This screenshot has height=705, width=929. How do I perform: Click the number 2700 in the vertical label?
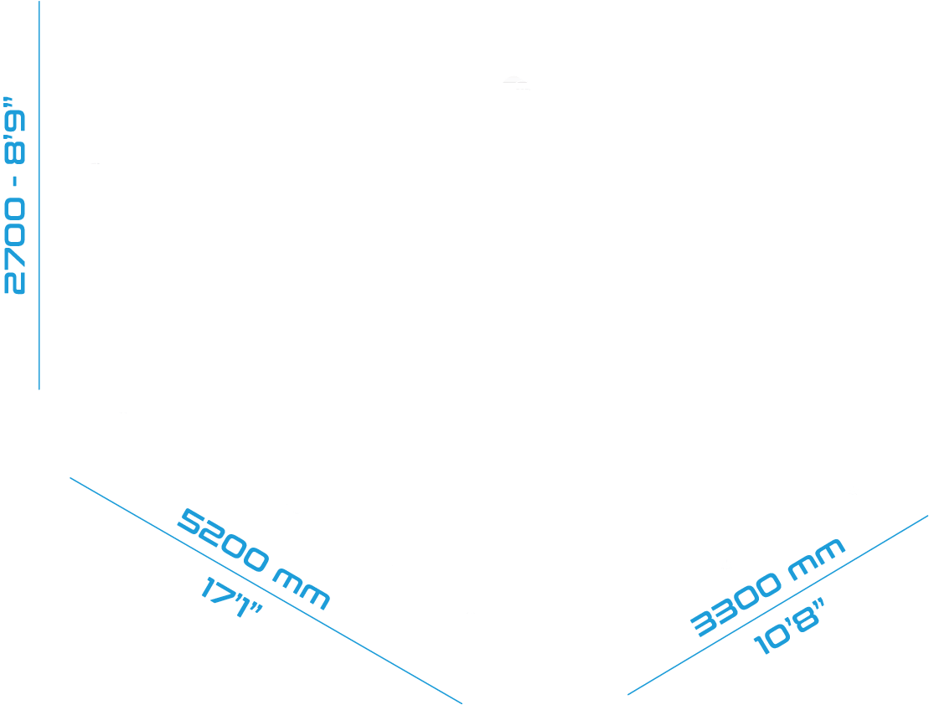pyautogui.click(x=15, y=246)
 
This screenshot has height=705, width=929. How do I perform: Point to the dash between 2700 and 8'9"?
pyautogui.click(x=15, y=182)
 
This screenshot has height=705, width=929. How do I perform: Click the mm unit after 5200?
pyautogui.click(x=301, y=590)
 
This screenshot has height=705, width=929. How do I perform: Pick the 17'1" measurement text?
pyautogui.click(x=231, y=598)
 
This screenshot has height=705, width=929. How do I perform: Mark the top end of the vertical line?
pyautogui.click(x=39, y=2)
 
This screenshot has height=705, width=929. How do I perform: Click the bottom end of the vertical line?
pyautogui.click(x=39, y=389)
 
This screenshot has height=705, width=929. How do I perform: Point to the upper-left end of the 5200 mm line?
pyautogui.click(x=70, y=478)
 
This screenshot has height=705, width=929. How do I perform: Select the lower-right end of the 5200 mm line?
pyautogui.click(x=462, y=703)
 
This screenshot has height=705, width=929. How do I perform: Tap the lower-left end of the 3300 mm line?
pyautogui.click(x=628, y=694)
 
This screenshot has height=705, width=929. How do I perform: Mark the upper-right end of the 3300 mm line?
pyautogui.click(x=928, y=516)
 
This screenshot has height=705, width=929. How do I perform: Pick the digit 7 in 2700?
pyautogui.click(x=15, y=259)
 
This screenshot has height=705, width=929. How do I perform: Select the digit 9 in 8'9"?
pyautogui.click(x=15, y=121)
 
